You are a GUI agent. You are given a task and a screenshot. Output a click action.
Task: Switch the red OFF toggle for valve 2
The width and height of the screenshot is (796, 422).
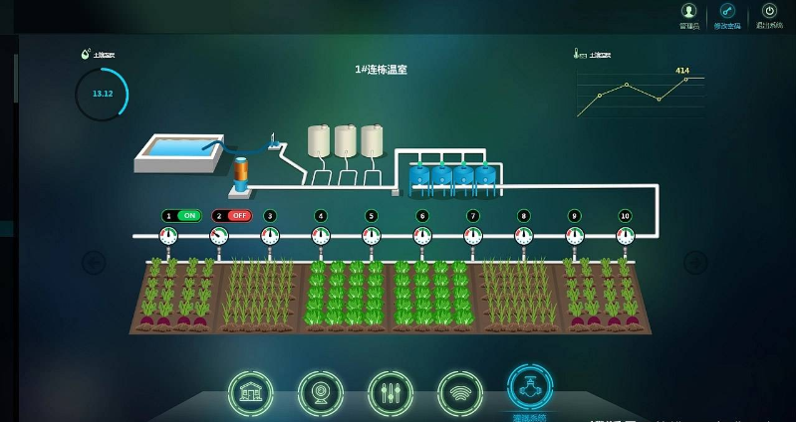[x=239, y=215]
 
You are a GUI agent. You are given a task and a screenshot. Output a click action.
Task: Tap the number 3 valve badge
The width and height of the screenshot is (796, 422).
[x=270, y=215]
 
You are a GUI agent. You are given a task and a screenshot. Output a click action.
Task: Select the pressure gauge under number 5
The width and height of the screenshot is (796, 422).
[x=372, y=236]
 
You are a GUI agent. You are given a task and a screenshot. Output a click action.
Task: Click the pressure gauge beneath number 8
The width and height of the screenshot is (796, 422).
[x=524, y=236]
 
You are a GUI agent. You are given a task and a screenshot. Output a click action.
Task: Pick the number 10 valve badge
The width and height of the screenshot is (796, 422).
[x=625, y=215]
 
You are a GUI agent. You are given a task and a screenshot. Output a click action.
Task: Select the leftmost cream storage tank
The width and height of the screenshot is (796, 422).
[x=320, y=140]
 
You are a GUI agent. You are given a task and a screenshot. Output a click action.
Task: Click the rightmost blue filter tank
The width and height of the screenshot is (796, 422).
[x=485, y=174]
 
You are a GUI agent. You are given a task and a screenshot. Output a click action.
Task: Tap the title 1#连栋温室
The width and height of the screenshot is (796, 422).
[x=382, y=70]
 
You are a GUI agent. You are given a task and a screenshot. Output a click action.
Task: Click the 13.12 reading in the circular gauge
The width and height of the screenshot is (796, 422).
[x=103, y=94]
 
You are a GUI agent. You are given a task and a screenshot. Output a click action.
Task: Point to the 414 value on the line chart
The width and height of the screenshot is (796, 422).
[x=682, y=71]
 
